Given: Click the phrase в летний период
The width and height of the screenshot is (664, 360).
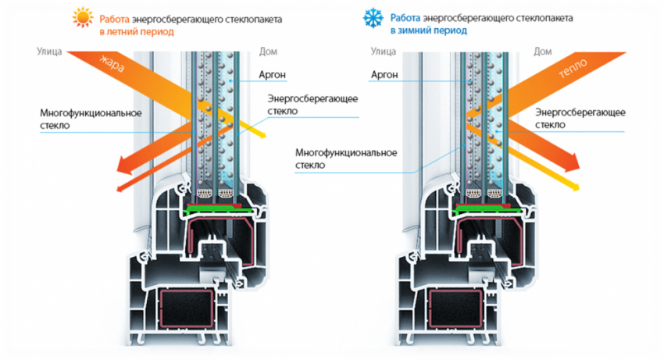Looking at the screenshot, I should point(136,32).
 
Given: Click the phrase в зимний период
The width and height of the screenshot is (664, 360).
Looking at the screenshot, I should point(428,31).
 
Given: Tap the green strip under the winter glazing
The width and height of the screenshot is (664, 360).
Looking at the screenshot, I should point(488,209).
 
